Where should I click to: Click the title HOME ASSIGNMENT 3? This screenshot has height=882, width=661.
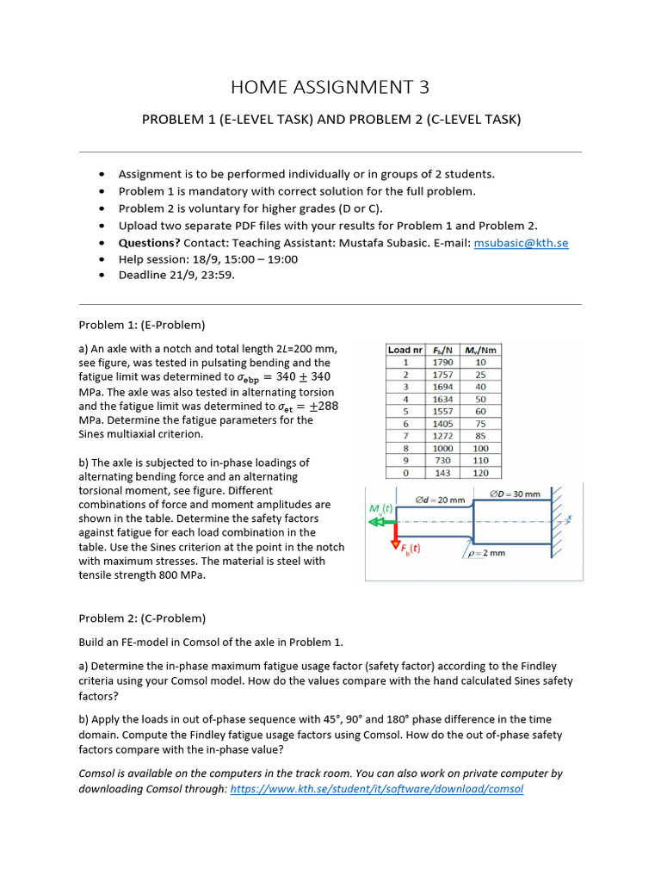pyautogui.click(x=330, y=87)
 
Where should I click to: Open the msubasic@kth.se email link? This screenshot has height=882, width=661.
pyautogui.click(x=521, y=244)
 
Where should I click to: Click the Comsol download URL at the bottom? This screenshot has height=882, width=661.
pyautogui.click(x=376, y=789)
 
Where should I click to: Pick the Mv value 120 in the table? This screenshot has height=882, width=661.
pyautogui.click(x=480, y=473)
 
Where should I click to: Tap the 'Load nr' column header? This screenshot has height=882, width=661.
pyautogui.click(x=405, y=350)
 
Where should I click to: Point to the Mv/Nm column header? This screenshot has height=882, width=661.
pyautogui.click(x=480, y=350)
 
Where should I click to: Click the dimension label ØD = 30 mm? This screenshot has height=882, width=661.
pyautogui.click(x=515, y=494)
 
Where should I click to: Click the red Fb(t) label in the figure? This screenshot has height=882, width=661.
pyautogui.click(x=410, y=548)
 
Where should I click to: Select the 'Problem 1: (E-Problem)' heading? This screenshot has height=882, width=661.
pyautogui.click(x=142, y=325)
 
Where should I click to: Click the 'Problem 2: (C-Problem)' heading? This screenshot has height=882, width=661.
pyautogui.click(x=142, y=618)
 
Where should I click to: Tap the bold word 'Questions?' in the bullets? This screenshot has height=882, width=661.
pyautogui.click(x=149, y=244)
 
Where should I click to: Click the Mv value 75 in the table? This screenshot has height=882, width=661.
pyautogui.click(x=480, y=424)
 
